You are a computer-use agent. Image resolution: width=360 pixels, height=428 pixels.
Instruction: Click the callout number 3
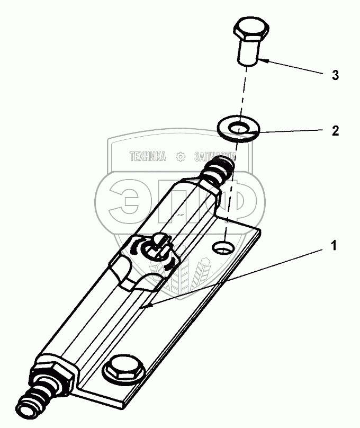pos(335,75)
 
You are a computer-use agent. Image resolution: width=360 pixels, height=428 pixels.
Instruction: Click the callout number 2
pos(335,131)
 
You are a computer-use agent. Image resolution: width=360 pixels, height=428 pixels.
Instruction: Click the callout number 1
pos(333,245)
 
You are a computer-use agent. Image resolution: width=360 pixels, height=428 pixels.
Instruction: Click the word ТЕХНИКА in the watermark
pos(148,157)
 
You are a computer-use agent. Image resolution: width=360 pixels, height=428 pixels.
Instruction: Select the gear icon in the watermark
pos(180,157)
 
